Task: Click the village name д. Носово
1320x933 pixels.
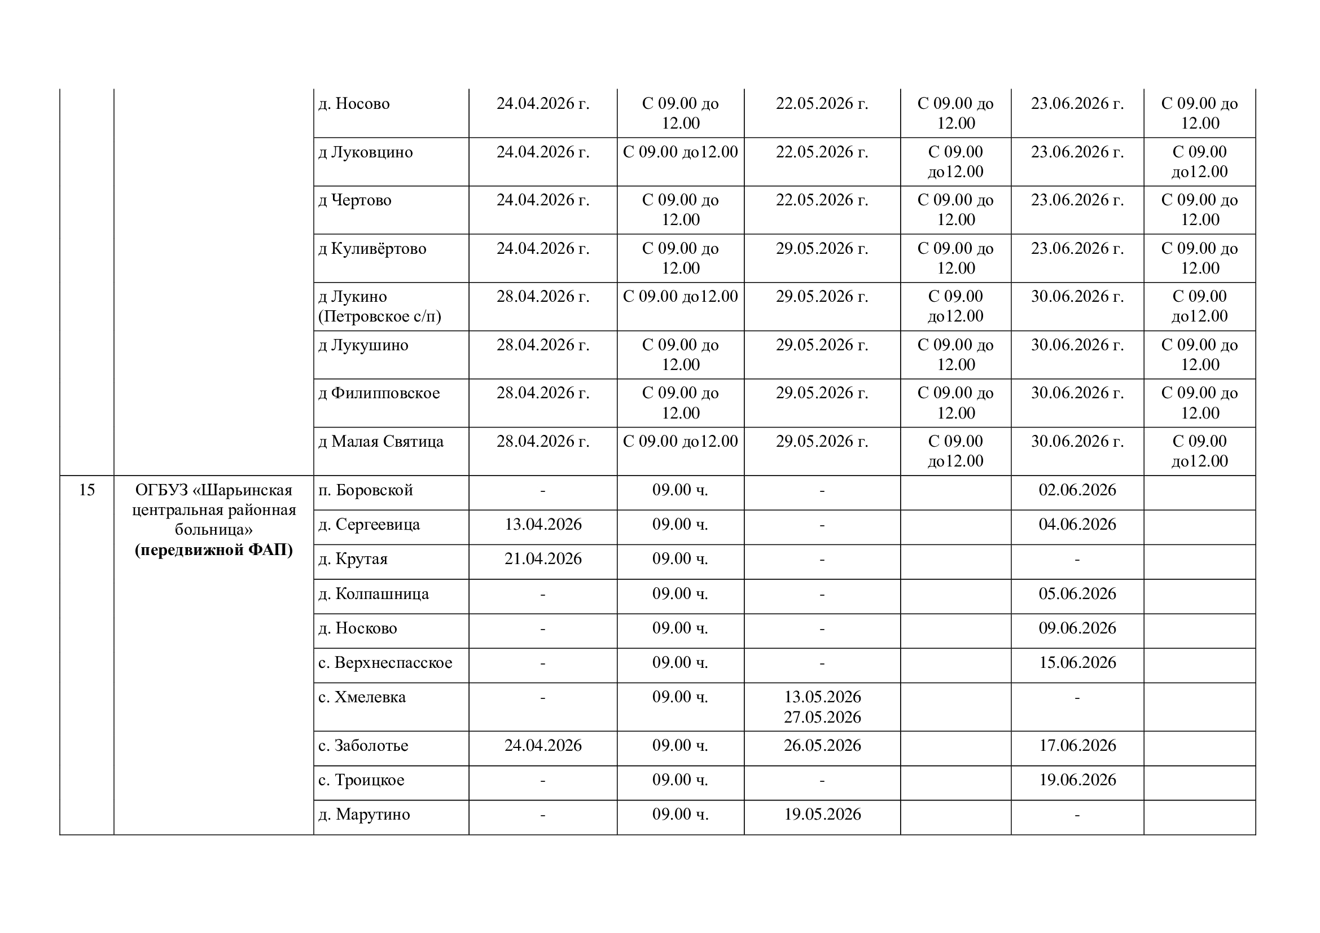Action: point(354,103)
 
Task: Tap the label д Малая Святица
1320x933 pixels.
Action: point(380,441)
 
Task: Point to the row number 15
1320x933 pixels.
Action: point(86,490)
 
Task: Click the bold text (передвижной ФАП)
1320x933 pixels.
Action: point(214,550)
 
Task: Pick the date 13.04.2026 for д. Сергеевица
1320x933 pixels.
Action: point(543,525)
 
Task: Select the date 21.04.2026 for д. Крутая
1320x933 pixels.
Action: point(543,559)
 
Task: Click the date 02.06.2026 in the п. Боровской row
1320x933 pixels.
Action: point(1077,490)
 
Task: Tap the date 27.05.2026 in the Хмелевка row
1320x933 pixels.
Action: point(822,717)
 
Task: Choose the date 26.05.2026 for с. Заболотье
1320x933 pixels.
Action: point(822,745)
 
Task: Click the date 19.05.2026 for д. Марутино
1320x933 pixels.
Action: point(822,814)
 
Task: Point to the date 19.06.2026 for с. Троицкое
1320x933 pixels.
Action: point(1077,780)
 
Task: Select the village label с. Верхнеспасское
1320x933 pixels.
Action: point(385,662)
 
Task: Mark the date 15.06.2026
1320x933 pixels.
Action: point(1077,662)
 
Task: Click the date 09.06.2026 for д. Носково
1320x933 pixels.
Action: point(1077,628)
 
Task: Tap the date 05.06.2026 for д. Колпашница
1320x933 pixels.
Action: point(1077,593)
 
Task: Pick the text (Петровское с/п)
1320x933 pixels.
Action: point(379,316)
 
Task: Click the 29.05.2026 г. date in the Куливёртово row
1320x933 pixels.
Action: point(822,248)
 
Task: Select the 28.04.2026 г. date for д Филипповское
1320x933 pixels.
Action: point(543,393)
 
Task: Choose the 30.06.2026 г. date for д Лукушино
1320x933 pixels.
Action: point(1077,345)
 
